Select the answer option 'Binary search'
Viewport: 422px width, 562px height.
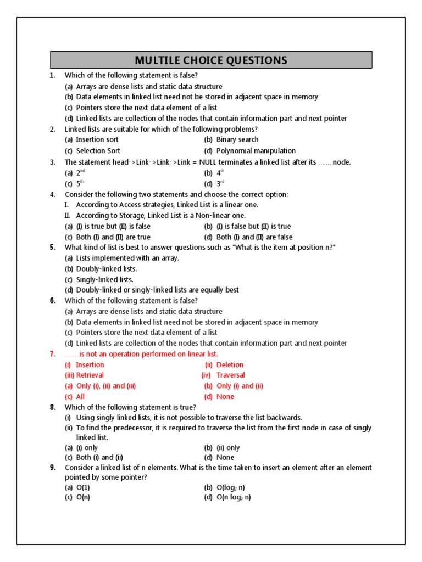click(237, 139)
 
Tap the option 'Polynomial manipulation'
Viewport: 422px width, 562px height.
click(256, 150)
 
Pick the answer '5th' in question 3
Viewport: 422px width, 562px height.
click(80, 184)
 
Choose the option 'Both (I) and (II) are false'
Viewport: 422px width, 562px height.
click(254, 237)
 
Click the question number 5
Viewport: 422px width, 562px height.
click(53, 248)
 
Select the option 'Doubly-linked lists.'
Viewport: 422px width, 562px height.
click(107, 269)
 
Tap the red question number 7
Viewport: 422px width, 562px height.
click(53, 354)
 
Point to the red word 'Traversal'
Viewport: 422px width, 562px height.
click(231, 375)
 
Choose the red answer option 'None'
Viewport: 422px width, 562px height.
click(225, 397)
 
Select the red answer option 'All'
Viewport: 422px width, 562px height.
click(80, 397)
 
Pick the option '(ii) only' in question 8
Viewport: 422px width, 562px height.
click(228, 447)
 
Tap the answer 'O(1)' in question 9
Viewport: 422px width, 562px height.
click(84, 487)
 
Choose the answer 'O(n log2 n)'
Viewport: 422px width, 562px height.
click(234, 498)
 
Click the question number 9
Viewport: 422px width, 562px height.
click(53, 468)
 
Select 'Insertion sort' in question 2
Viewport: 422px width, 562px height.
click(97, 139)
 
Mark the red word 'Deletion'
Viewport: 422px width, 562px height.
click(230, 364)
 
